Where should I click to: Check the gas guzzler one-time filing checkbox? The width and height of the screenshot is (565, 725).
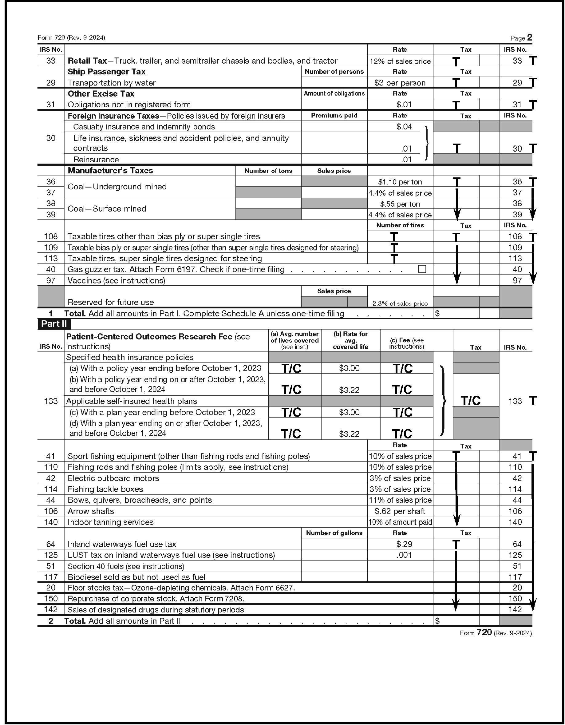tap(422, 269)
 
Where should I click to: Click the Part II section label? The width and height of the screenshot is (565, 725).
tap(54, 324)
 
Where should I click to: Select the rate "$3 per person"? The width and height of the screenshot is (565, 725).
tap(400, 83)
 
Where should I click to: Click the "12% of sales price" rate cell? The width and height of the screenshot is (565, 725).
tap(400, 61)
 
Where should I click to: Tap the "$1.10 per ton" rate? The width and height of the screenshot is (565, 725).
tap(400, 182)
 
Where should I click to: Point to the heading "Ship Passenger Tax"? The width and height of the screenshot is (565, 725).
tap(106, 72)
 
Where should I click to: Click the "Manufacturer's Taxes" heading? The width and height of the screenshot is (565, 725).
tap(110, 171)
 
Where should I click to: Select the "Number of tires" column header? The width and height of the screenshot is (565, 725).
tap(400, 225)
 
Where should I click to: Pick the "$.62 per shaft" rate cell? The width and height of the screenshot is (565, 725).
tap(400, 511)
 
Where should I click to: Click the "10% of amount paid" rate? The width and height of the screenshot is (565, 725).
tap(400, 522)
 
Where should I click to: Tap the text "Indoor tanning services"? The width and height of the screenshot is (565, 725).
tap(110, 522)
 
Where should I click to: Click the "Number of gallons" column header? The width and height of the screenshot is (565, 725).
tap(334, 533)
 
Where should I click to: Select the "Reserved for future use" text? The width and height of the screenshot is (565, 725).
tap(111, 302)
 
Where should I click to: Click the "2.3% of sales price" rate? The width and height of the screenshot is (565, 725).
tap(400, 303)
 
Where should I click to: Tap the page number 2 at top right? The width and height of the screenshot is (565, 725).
tap(529, 38)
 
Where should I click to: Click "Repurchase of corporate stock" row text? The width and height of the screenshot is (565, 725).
tap(156, 599)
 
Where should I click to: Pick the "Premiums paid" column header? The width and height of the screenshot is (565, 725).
tap(334, 116)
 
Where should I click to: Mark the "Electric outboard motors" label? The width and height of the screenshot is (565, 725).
tap(113, 478)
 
